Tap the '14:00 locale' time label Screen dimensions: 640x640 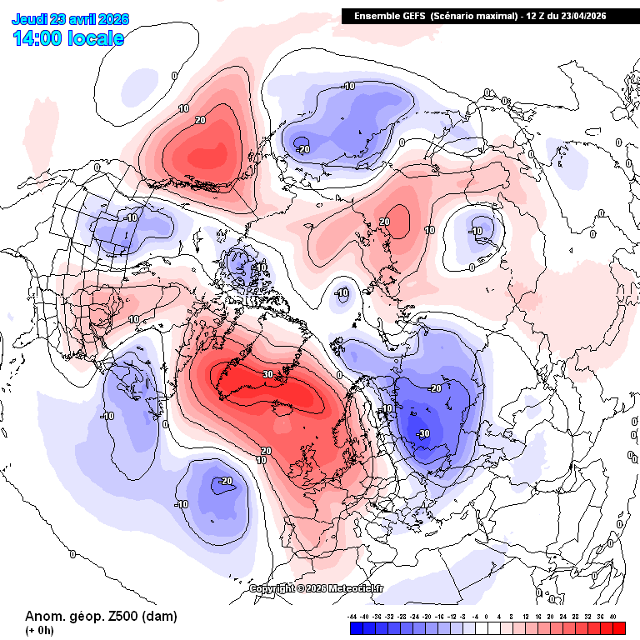[x=69, y=38]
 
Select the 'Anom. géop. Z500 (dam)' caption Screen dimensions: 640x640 [x=101, y=616]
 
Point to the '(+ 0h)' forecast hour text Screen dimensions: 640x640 [x=40, y=630]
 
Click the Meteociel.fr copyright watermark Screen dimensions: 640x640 [x=317, y=588]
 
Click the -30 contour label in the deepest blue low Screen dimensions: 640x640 [x=422, y=433]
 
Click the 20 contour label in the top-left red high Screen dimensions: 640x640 [x=200, y=119]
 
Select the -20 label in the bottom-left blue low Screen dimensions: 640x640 [x=225, y=481]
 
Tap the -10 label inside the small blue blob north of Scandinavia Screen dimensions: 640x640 [x=342, y=292]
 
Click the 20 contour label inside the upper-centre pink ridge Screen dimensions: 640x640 [x=384, y=222]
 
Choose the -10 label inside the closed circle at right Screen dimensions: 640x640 [x=477, y=231]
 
